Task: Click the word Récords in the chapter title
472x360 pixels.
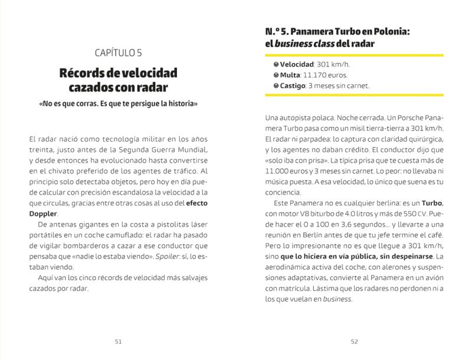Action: click(81, 73)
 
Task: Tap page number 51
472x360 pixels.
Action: click(118, 341)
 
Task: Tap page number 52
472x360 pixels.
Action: click(354, 341)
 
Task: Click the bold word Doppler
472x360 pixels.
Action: click(43, 213)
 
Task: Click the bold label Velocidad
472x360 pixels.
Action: click(297, 64)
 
